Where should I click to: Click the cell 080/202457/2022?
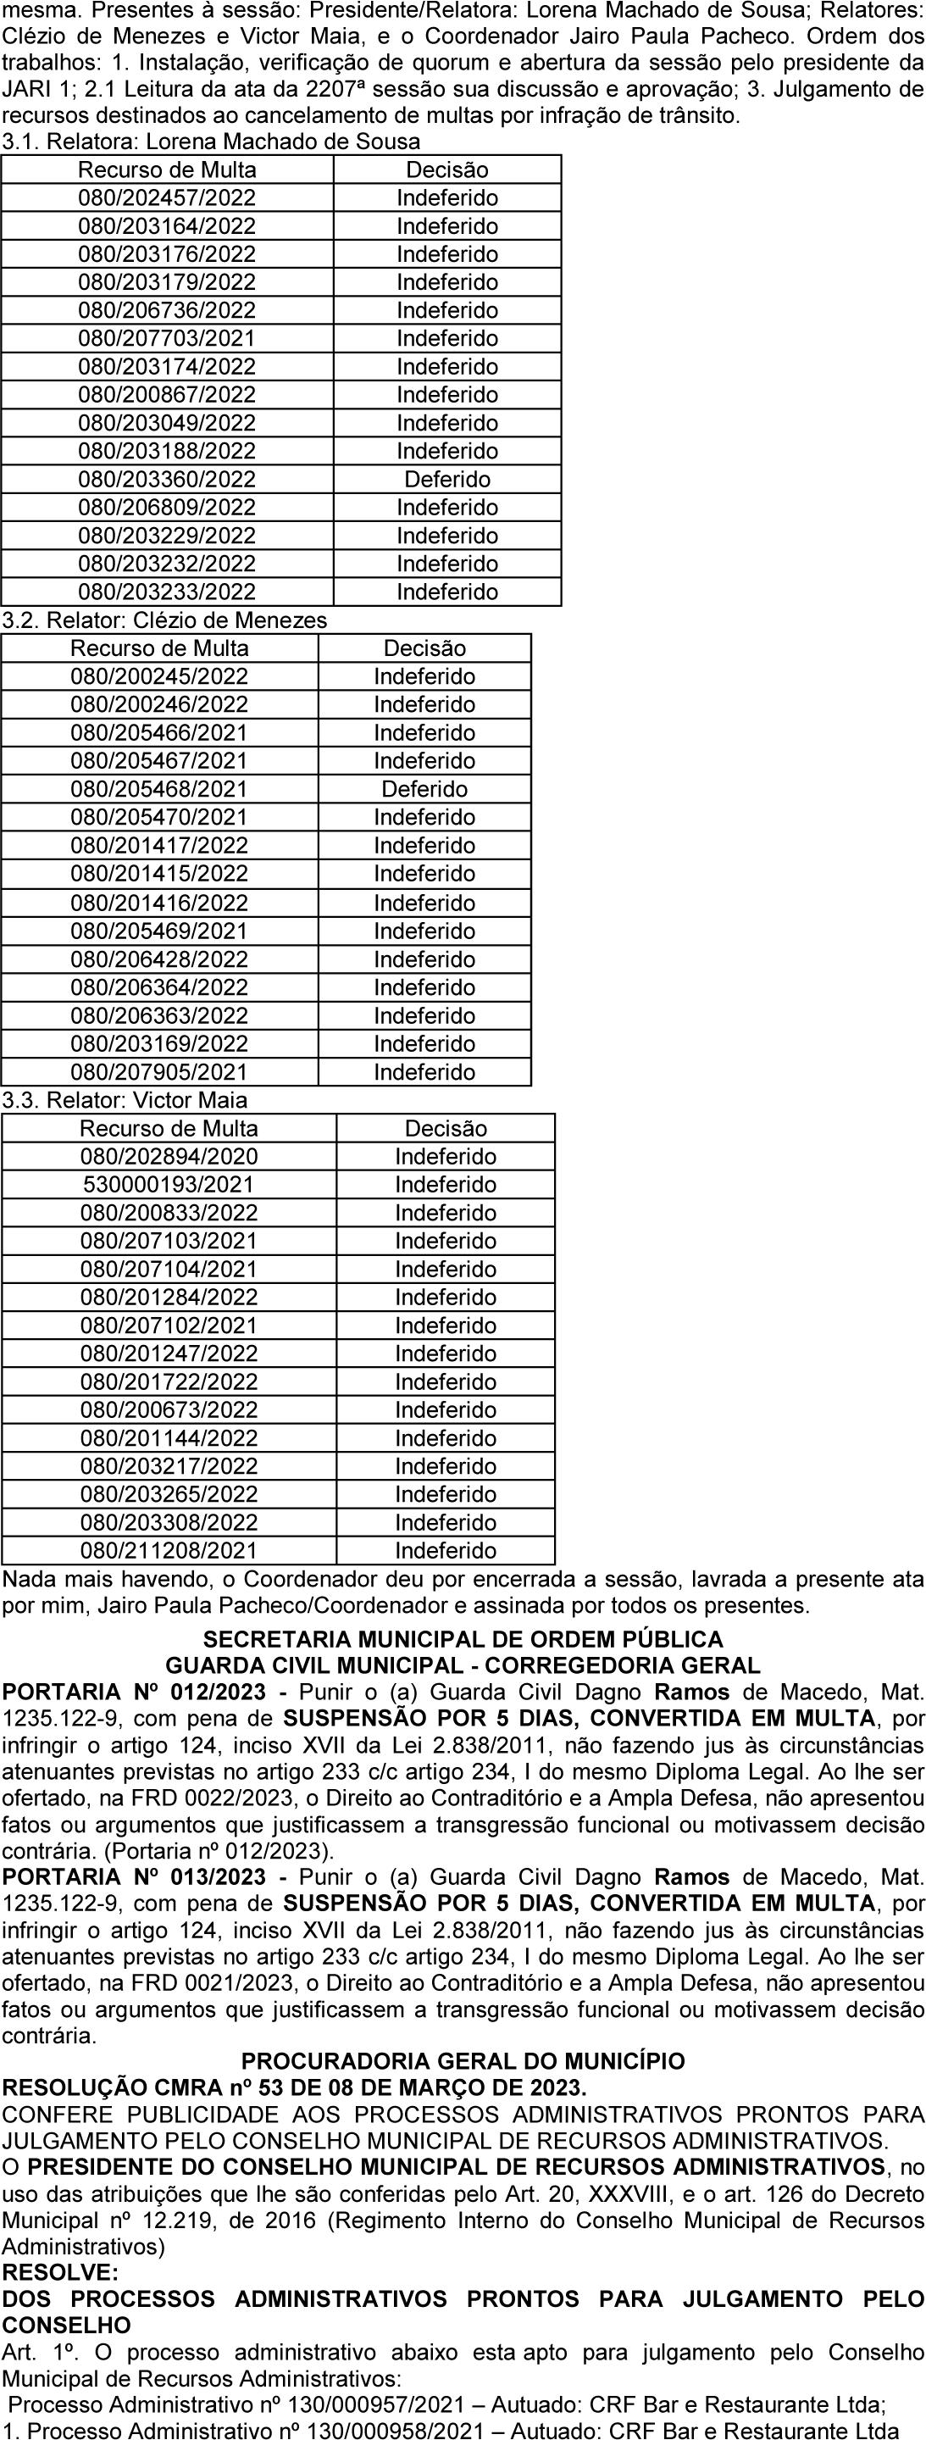(x=167, y=198)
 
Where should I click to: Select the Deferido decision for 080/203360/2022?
(x=447, y=480)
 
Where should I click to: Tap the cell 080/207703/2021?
(x=167, y=338)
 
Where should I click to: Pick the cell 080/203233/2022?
(x=167, y=592)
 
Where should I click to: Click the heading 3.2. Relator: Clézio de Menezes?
(x=164, y=620)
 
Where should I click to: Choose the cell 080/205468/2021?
(x=159, y=789)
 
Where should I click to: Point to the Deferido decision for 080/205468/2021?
(x=424, y=789)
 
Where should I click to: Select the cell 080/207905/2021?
(x=159, y=1072)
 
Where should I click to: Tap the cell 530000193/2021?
(x=169, y=1184)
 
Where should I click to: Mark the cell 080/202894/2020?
(x=169, y=1157)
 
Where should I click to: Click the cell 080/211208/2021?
(x=169, y=1551)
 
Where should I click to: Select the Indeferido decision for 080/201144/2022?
(x=445, y=1438)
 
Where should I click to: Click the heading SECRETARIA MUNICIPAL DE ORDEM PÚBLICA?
(x=463, y=1638)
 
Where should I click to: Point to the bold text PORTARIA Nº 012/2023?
(x=135, y=1692)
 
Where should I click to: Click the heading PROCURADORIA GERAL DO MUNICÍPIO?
(x=463, y=2061)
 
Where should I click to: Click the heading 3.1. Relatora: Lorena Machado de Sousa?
(x=211, y=142)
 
